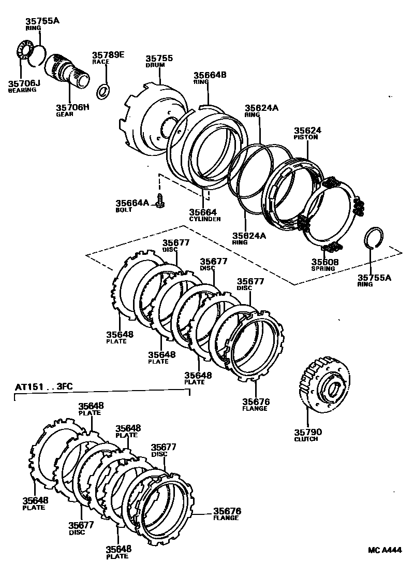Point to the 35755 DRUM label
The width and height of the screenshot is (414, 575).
(159, 59)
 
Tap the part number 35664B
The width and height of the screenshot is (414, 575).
(210, 75)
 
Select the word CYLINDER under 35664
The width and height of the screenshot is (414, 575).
(204, 219)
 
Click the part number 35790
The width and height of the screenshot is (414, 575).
(307, 432)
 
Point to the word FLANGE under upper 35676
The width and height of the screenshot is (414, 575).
(256, 408)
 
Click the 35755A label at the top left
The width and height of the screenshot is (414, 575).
(42, 21)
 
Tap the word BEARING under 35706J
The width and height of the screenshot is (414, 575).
(22, 90)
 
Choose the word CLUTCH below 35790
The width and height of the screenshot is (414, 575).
(306, 439)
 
